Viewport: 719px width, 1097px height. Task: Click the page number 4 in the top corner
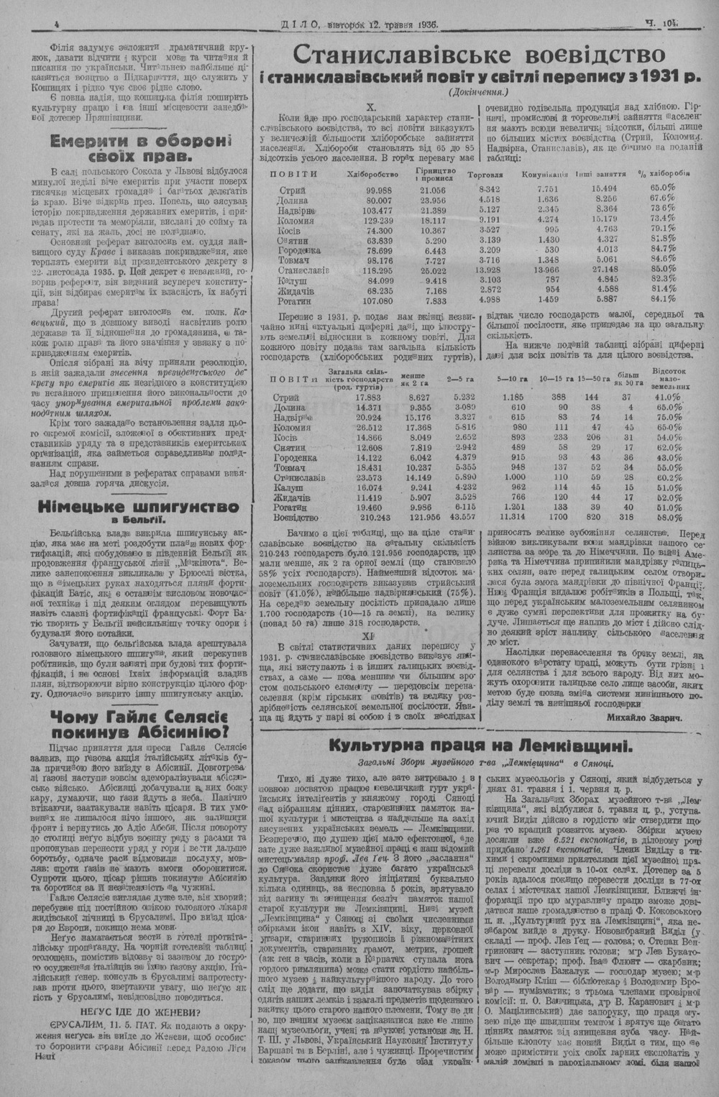tap(56, 24)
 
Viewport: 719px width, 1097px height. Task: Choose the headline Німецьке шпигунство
tap(141, 507)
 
